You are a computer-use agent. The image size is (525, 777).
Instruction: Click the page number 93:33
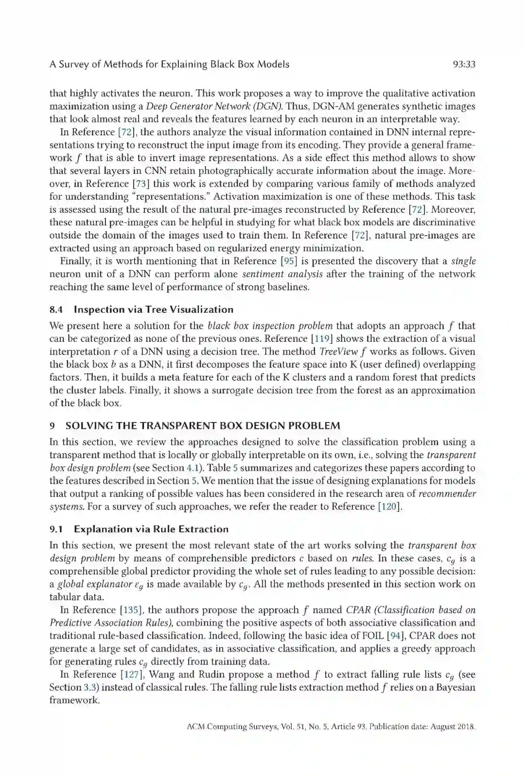(x=463, y=64)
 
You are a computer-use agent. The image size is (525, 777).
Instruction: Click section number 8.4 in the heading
(x=56, y=310)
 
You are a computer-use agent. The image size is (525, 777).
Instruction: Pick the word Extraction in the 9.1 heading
(x=203, y=529)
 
